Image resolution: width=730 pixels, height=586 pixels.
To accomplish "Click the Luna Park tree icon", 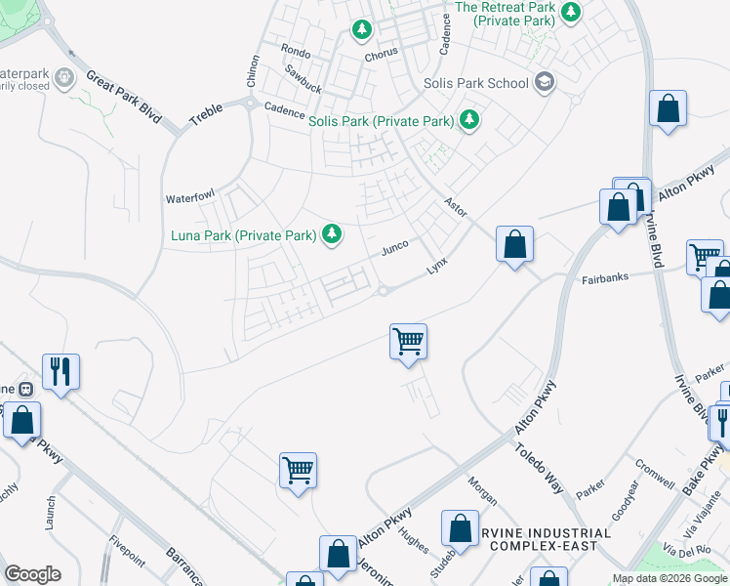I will tap(333, 233).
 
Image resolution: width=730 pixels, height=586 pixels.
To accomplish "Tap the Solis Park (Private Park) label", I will tap(382, 122).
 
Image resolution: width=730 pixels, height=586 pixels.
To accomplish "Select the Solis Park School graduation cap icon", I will tap(545, 82).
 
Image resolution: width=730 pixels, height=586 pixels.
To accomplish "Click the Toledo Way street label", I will tap(540, 456).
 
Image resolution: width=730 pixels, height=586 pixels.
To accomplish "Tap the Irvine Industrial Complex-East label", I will tap(546, 539).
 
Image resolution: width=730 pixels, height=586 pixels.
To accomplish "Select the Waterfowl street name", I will tap(189, 197).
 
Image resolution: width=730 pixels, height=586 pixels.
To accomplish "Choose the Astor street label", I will tap(456, 207).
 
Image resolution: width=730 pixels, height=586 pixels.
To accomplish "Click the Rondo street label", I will tap(295, 52).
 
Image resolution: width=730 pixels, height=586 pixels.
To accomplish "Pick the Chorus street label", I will tap(381, 56).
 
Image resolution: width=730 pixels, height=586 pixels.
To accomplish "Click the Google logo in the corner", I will tap(32, 573).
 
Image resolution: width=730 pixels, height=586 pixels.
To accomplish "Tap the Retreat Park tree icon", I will tap(571, 13).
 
